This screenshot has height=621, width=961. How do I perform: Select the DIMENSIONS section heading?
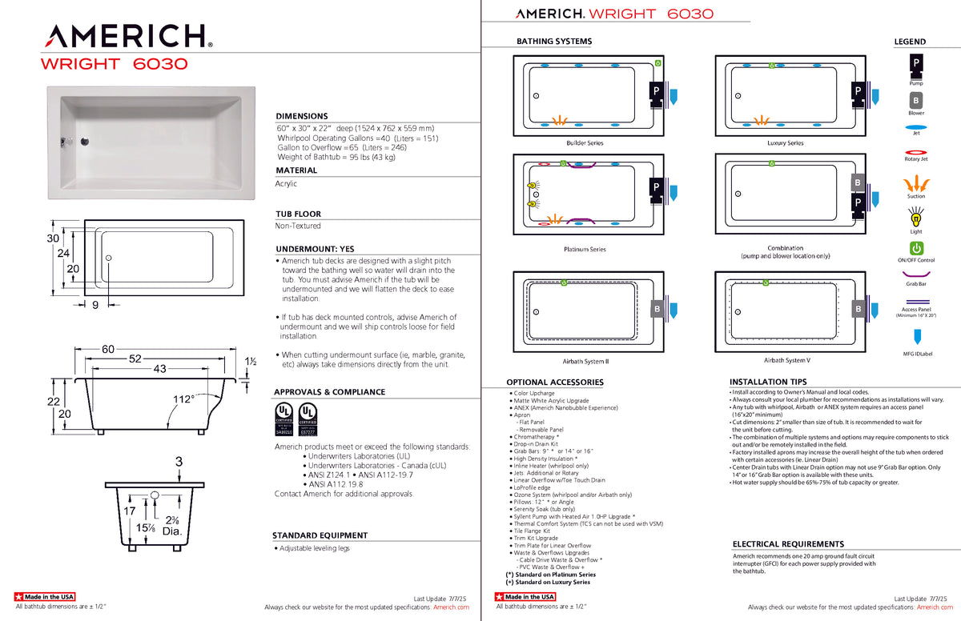[301, 116]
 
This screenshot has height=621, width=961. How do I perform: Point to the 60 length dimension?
[108, 348]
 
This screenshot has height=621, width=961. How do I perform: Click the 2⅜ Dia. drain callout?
[173, 525]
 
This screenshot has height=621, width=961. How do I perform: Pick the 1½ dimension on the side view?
[251, 362]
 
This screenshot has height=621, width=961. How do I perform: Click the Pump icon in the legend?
[915, 62]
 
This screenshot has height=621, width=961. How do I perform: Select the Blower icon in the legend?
[915, 101]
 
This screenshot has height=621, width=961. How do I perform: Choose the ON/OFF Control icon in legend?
[915, 248]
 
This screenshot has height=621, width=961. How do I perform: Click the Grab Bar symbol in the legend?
[915, 274]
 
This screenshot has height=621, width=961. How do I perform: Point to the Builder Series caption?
[585, 143]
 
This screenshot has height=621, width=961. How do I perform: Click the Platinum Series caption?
[585, 250]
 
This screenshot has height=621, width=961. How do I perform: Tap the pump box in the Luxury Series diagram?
[858, 92]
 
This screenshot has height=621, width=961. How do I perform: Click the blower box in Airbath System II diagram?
[657, 308]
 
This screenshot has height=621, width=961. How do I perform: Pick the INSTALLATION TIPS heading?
[768, 382]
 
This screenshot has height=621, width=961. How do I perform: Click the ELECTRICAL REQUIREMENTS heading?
[788, 544]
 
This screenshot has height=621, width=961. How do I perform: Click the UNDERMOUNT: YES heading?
[314, 249]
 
